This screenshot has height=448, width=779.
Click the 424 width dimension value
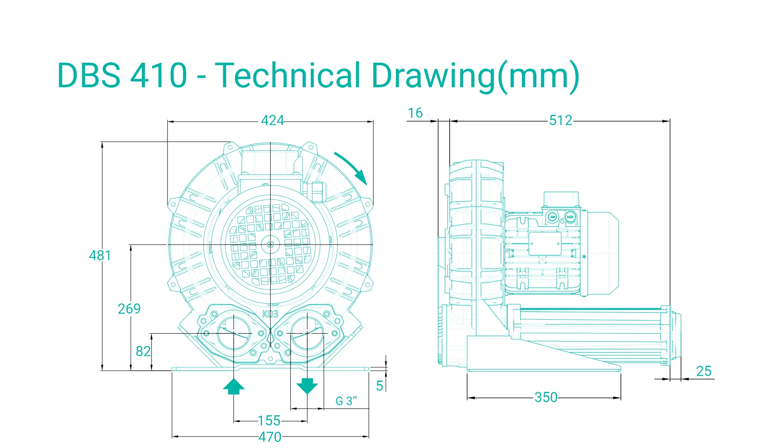(272, 120)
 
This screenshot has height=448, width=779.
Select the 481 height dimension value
(100, 256)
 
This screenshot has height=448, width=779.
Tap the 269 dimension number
(129, 309)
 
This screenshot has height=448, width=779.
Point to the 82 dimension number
(143, 351)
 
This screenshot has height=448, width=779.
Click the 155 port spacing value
(269, 421)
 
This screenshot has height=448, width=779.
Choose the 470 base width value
(270, 437)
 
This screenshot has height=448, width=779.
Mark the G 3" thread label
(346, 401)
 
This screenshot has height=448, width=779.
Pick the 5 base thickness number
(380, 386)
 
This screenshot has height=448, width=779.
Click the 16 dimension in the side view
(415, 113)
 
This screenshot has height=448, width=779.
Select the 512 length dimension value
(561, 120)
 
